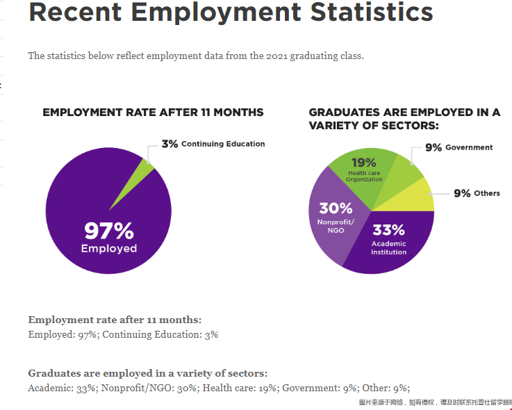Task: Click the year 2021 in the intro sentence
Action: pos(278,56)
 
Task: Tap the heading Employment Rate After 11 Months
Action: pos(153,112)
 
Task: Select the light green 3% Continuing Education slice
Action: pos(144,169)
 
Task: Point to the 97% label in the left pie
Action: pos(109,230)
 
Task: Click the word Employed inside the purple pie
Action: pos(109,249)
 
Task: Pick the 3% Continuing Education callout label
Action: pos(213,144)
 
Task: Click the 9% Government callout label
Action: pos(459,147)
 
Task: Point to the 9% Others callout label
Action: pos(477,193)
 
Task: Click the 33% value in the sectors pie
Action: pos(388,230)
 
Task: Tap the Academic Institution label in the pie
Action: pos(388,248)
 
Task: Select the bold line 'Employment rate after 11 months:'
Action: pos(115,320)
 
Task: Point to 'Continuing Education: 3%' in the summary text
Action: pos(160,334)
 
